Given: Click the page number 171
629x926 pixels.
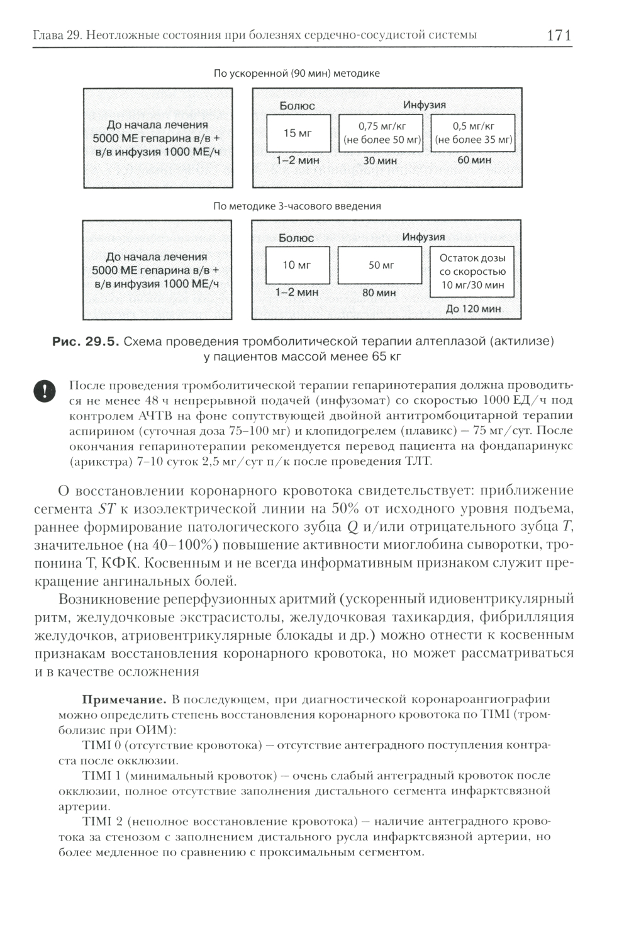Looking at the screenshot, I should pyautogui.click(x=559, y=35).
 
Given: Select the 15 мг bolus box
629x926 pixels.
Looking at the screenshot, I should pyautogui.click(x=298, y=133).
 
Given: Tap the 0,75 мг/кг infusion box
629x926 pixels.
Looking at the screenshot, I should pyautogui.click(x=381, y=133).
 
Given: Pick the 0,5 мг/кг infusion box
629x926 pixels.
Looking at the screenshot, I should pyautogui.click(x=474, y=133).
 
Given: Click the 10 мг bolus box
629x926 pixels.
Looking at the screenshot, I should pyautogui.click(x=297, y=265).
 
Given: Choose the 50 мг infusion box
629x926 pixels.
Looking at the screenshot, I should pyautogui.click(x=380, y=265).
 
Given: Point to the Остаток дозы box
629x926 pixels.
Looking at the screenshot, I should pyautogui.click(x=472, y=272).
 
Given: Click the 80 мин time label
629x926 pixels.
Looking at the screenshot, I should pyautogui.click(x=379, y=293).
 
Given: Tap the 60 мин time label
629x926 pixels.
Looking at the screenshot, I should pyautogui.click(x=474, y=160).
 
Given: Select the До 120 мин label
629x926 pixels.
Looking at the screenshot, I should pyautogui.click(x=473, y=309).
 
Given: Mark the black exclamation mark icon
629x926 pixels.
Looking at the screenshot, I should pyautogui.click(x=44, y=391).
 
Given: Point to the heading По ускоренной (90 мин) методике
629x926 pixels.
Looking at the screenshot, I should pyautogui.click(x=297, y=74).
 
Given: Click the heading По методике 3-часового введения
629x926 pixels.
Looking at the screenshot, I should pyautogui.click(x=297, y=206).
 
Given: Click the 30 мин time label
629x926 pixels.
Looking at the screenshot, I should pyautogui.click(x=380, y=161).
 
